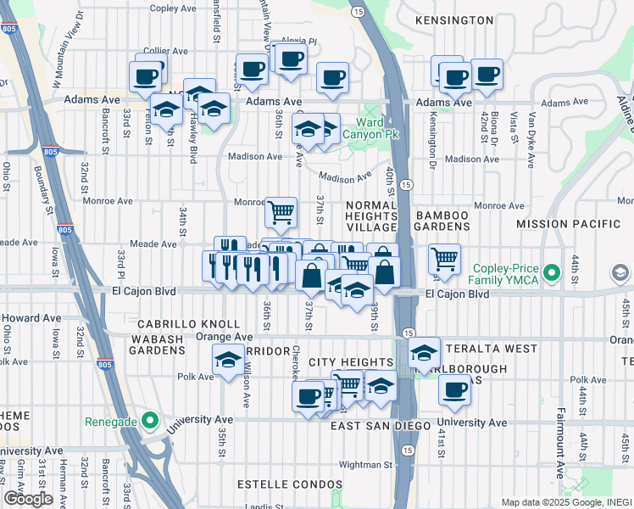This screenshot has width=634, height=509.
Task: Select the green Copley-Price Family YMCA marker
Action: click(x=553, y=273)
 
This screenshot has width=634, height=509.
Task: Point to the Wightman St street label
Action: click(x=365, y=464)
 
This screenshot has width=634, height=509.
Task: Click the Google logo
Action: click(x=28, y=499)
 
